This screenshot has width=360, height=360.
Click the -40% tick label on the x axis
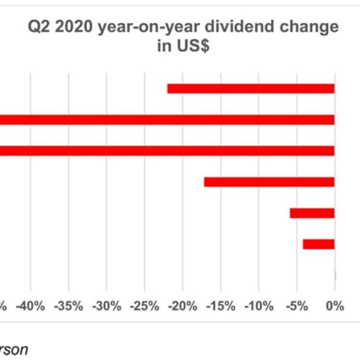[x=30, y=306]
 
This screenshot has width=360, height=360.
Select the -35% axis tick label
[x=68, y=306]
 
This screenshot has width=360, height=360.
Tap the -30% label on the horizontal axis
[x=106, y=306]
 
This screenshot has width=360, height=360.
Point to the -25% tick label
[x=145, y=306]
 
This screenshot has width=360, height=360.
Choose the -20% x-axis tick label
[x=183, y=306]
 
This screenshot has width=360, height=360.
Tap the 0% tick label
[x=335, y=306]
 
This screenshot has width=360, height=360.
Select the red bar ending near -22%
[x=251, y=89]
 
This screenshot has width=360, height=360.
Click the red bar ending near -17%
[x=269, y=182]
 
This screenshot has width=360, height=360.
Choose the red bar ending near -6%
[x=312, y=213]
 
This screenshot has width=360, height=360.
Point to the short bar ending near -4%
[x=318, y=244]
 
